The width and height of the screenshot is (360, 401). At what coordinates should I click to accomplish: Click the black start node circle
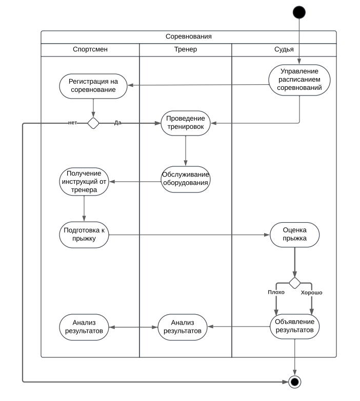pyautogui.click(x=299, y=12)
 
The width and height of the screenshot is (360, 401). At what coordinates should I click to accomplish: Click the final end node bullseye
pyautogui.click(x=294, y=382)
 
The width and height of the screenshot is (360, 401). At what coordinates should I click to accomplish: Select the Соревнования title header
pyautogui.click(x=189, y=37)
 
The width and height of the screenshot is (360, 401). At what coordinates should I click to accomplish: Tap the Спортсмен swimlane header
pyautogui.click(x=90, y=50)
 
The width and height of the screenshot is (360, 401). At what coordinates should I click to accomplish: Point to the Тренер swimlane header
pyautogui.click(x=186, y=50)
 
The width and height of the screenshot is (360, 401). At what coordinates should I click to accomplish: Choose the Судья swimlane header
pyautogui.click(x=284, y=50)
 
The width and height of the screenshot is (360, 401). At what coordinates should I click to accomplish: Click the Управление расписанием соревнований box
pyautogui.click(x=299, y=80)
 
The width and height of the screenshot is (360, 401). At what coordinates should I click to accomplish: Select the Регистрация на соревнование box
pyautogui.click(x=93, y=86)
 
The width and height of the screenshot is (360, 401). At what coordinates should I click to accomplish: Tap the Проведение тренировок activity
pyautogui.click(x=186, y=123)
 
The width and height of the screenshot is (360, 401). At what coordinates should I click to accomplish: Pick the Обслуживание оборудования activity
pyautogui.click(x=186, y=179)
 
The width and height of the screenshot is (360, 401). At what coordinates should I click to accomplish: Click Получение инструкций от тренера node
pyautogui.click(x=84, y=182)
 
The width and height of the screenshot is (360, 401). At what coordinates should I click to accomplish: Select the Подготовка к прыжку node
pyautogui.click(x=84, y=235)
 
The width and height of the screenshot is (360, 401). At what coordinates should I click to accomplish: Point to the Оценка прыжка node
pyautogui.click(x=294, y=235)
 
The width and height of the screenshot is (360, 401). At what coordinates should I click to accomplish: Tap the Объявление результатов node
pyautogui.click(x=294, y=327)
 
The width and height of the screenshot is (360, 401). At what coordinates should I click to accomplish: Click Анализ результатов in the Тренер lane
pyautogui.click(x=183, y=327)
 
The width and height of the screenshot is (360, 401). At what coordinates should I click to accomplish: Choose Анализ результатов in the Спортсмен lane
pyautogui.click(x=84, y=327)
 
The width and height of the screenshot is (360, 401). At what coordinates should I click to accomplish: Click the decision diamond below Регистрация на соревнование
pyautogui.click(x=93, y=123)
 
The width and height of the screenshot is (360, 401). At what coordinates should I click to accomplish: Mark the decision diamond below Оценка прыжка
pyautogui.click(x=294, y=283)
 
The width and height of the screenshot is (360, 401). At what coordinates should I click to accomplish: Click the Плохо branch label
pyautogui.click(x=276, y=292)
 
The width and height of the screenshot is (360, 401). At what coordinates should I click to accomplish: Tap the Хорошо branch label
pyautogui.click(x=311, y=293)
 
